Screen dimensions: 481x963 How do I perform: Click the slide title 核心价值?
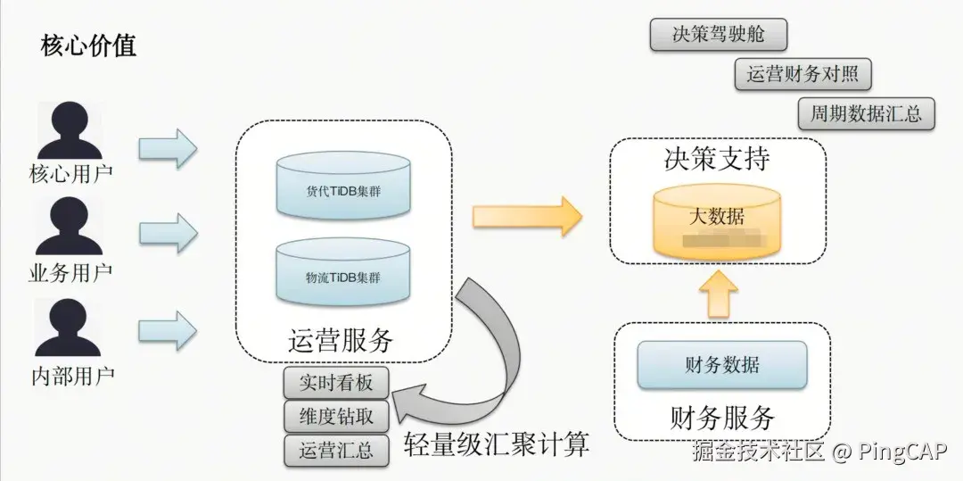coord(88,46)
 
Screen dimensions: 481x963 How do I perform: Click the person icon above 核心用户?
coord(70,130)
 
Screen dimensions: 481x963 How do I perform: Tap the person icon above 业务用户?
coord(70,228)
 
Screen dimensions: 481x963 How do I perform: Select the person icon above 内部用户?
coord(70,328)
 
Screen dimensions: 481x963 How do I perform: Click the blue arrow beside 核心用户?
coord(168,148)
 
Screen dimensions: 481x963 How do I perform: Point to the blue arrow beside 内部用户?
coord(168,330)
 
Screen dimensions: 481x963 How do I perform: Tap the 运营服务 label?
coord(341,340)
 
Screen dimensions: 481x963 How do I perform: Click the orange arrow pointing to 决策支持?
coord(526,217)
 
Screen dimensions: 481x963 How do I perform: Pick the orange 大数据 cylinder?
coord(717,220)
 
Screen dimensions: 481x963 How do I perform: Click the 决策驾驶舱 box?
coord(718,35)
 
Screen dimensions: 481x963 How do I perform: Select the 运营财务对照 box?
coord(802,74)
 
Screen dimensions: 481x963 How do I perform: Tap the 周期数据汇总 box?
coord(866,114)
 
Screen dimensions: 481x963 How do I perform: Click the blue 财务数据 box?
coord(722,364)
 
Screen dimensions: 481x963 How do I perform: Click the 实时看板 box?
coord(337,383)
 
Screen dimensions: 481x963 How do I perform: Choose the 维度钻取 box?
coord(337,416)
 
